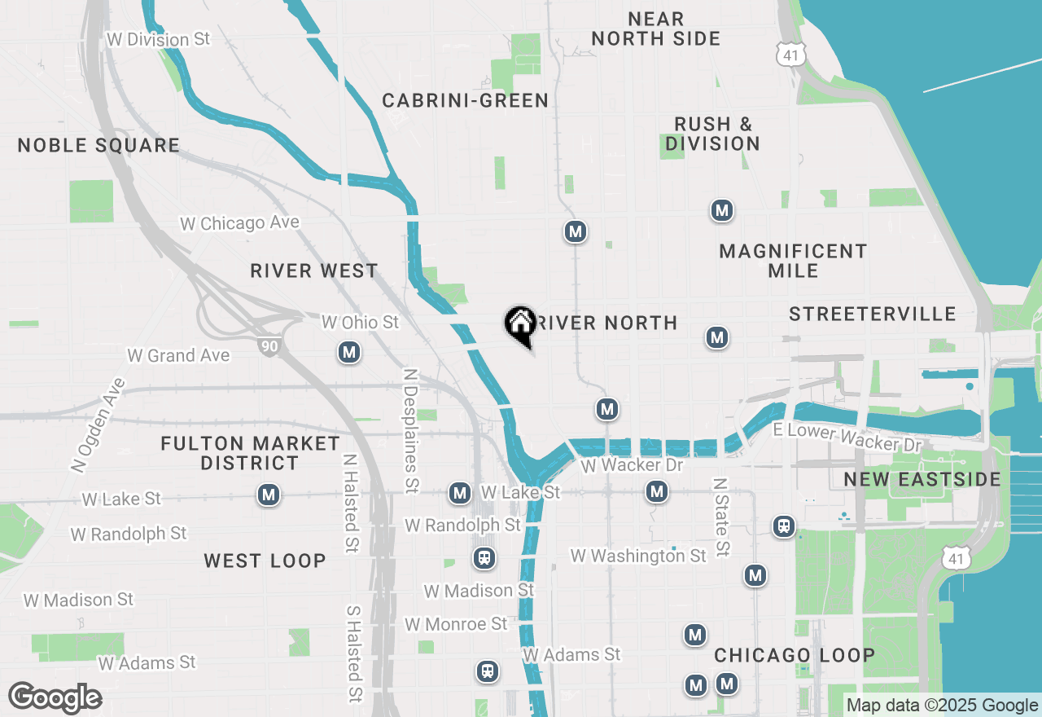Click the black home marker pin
point(520,326)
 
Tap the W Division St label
point(158,39)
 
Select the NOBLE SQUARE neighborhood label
point(99,146)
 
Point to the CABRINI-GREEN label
point(465,101)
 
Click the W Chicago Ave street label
point(239,222)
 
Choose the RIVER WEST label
point(314,271)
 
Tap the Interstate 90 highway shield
point(269,346)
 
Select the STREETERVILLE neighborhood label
point(872,315)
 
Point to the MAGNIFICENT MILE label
point(793,261)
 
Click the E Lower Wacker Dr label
point(847,438)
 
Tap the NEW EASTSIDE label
point(922,479)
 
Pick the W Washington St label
point(638,556)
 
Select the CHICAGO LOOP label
point(795,655)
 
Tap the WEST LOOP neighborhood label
point(265,561)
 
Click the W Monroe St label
point(456,624)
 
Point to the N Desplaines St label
point(411,430)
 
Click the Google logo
point(55,698)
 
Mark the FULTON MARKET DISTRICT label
point(250,453)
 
